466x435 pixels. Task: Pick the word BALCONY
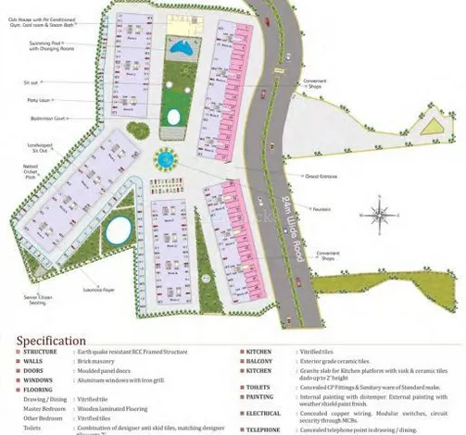[258, 361]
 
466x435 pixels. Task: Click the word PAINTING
[259, 396]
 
